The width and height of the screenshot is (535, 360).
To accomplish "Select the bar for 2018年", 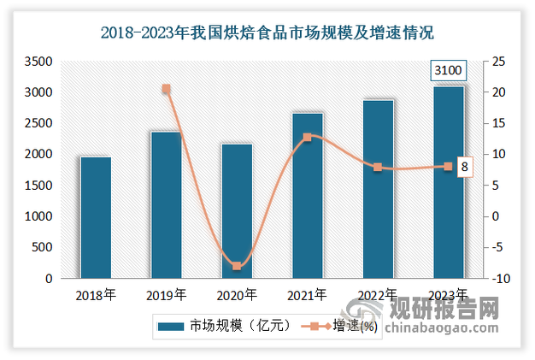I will [96, 217].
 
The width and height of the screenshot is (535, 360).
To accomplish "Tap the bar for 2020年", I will [237, 210].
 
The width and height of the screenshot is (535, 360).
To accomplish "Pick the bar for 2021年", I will [307, 195].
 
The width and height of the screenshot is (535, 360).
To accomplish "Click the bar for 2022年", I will [378, 188].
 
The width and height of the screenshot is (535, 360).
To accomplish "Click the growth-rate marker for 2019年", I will [166, 89].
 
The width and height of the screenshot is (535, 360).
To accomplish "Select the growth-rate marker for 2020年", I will [237, 266].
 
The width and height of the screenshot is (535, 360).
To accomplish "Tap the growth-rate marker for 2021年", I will [307, 137].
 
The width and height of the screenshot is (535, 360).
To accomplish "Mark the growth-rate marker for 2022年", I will [378, 167].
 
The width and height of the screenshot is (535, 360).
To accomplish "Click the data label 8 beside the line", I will [464, 168].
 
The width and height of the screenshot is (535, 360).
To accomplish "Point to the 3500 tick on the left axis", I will [39, 62].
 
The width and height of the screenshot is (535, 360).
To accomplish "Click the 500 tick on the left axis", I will [44, 248].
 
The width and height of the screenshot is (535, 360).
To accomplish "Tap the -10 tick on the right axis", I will [497, 279].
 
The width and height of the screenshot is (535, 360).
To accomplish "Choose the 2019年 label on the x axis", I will [166, 295].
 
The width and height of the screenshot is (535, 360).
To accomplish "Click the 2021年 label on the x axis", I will [307, 295].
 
